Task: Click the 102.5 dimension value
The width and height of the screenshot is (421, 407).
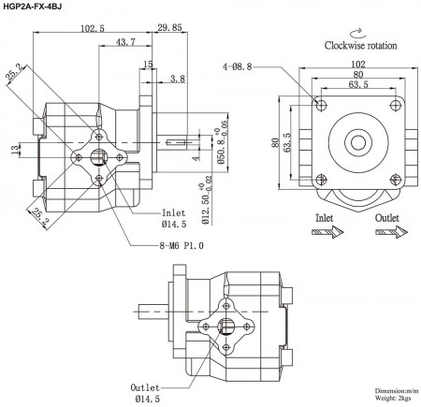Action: pos(91,29)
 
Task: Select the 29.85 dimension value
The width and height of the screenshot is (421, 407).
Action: pos(169,29)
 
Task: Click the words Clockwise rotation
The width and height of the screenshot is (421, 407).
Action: pos(360,45)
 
